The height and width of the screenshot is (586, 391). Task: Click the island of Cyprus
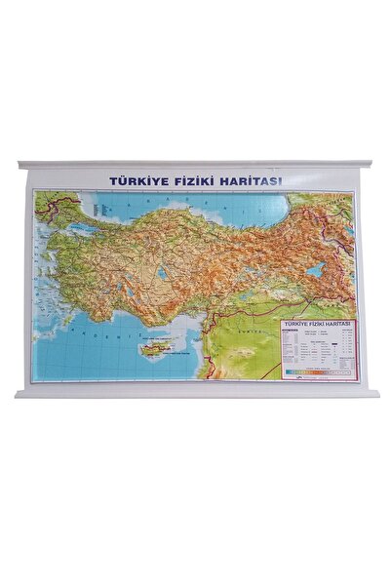(x=155, y=346)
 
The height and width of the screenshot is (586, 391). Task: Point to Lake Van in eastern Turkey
(x=314, y=270)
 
